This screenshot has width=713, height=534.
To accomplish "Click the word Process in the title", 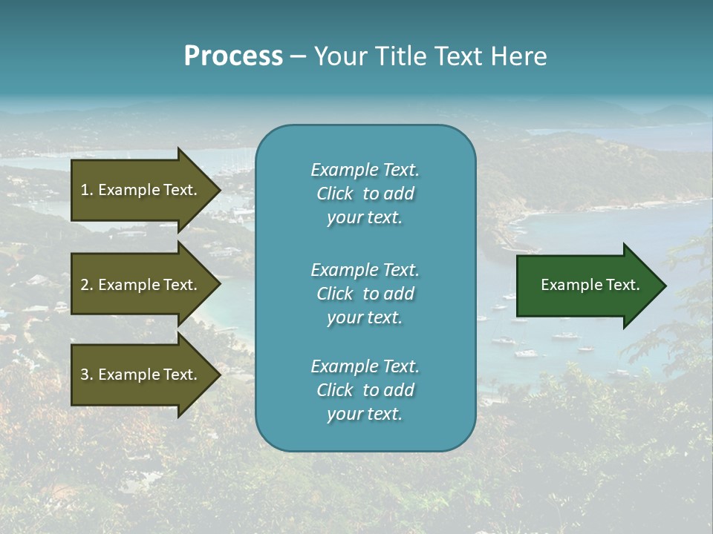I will coord(233,56).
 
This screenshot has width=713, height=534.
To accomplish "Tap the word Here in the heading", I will coord(519,56).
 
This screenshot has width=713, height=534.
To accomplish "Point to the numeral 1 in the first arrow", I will coord(85,190).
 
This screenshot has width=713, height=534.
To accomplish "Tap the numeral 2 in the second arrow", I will coord(85,285).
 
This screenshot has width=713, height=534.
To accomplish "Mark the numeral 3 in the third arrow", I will coord(85,375).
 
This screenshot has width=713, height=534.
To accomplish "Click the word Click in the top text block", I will coord(335,194).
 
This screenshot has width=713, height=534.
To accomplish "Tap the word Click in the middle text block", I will coord(335,294).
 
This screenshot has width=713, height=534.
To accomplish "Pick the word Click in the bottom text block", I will coord(335,390).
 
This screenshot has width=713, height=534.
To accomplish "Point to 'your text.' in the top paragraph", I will coord(365,218).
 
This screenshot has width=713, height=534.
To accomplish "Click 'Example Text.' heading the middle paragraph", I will coord(365,270).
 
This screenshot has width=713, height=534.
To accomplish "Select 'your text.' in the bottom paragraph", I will coord(365,414).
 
